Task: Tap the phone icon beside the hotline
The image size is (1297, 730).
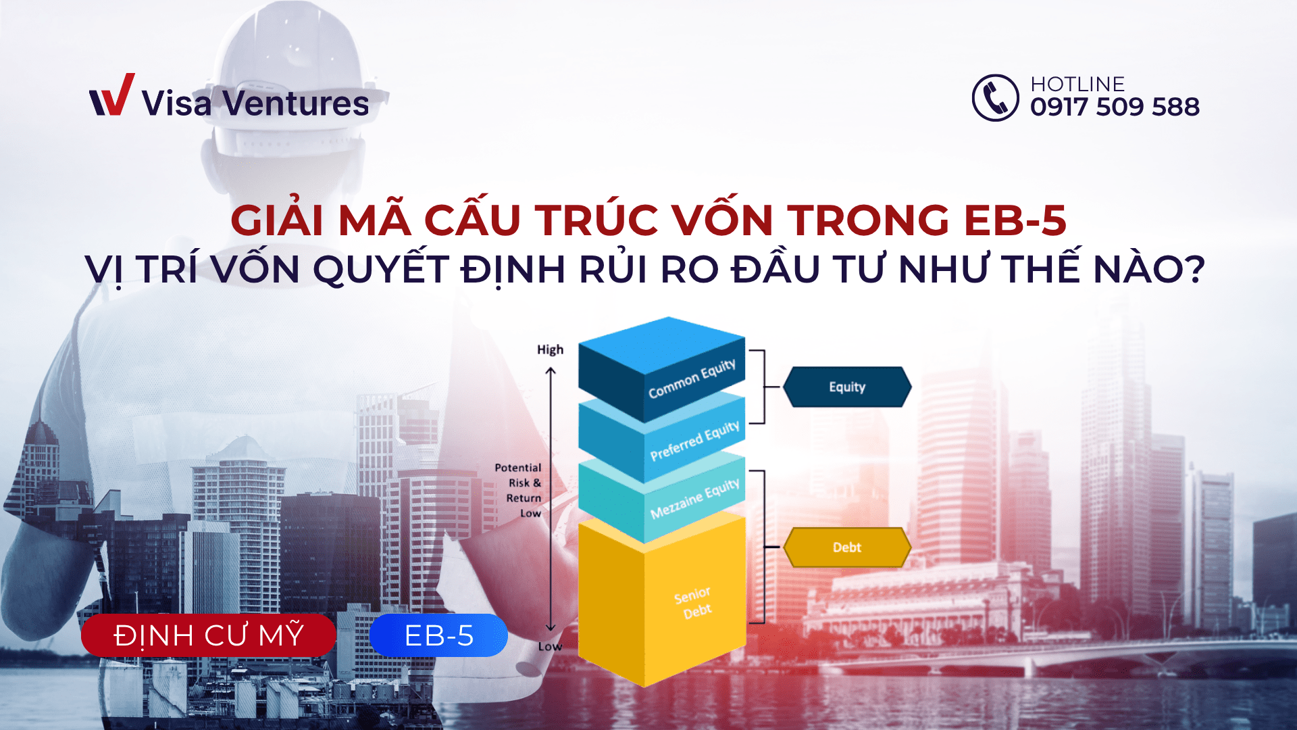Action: click(x=995, y=98)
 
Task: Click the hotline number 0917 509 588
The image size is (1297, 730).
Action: click(x=1115, y=107)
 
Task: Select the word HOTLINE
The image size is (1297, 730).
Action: click(x=1077, y=84)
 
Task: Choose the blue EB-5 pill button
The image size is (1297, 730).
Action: click(x=438, y=635)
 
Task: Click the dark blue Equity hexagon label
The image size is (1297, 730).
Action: click(x=847, y=387)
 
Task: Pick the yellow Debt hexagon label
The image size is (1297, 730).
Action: click(x=847, y=547)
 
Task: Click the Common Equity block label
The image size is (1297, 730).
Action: click(x=692, y=379)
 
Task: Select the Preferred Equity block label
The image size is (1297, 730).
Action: click(x=694, y=441)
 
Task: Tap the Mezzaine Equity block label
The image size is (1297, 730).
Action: click(x=694, y=499)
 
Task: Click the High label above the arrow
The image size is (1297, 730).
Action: click(x=550, y=349)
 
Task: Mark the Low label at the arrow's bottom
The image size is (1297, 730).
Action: click(x=550, y=646)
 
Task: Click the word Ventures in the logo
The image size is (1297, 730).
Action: click(x=296, y=103)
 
